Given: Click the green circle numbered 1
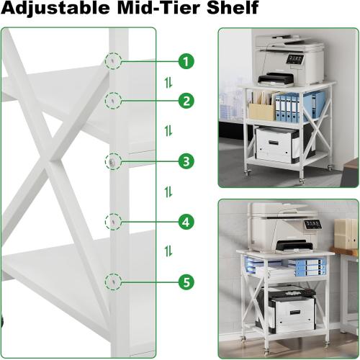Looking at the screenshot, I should click(186, 61).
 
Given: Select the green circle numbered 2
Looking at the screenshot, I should click(186, 102).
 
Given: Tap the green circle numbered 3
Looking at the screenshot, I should click(186, 161).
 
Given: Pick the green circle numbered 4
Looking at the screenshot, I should click(186, 222).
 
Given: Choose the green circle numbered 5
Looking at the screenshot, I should click(186, 282).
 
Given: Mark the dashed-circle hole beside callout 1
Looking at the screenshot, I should click(114, 62).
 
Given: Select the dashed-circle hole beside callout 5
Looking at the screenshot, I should click(114, 281).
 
